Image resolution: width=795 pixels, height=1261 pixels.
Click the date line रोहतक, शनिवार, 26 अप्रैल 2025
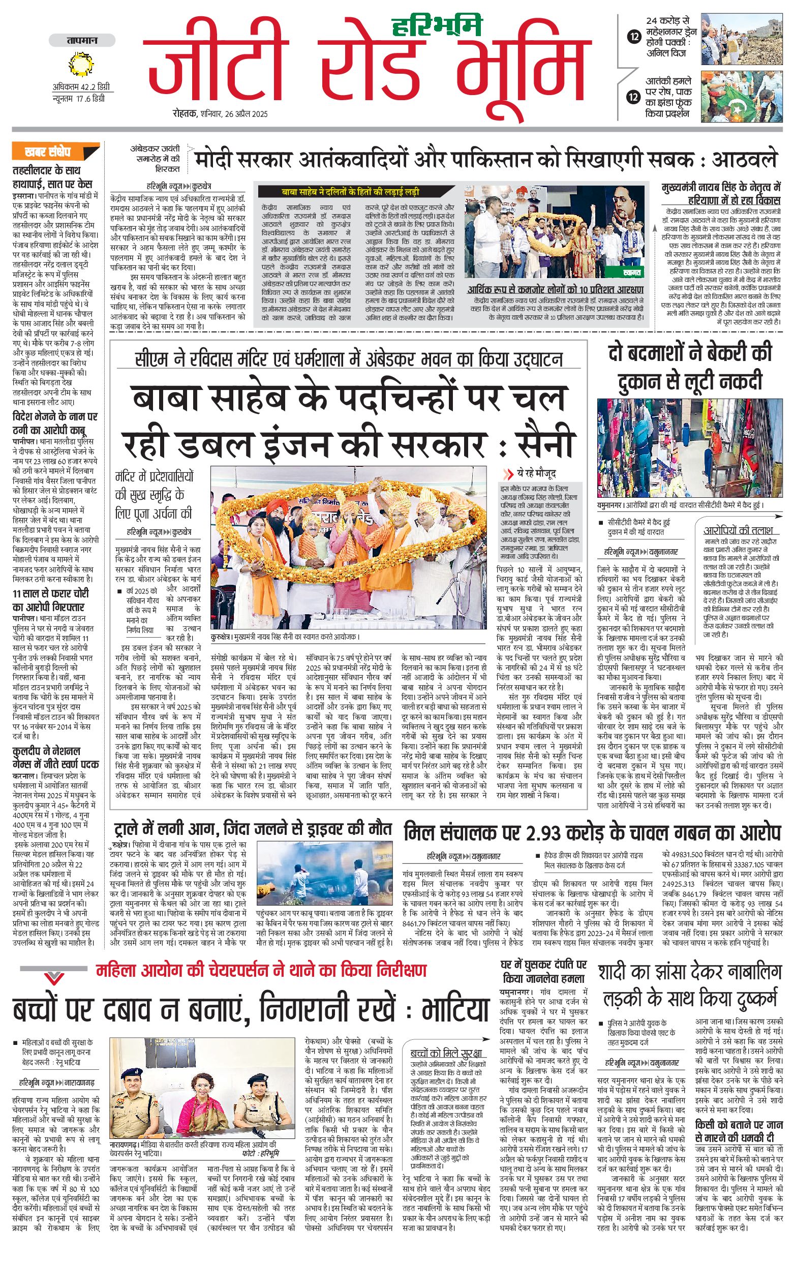(x=220, y=113)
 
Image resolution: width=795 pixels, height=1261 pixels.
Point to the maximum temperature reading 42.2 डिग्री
(x=81, y=87)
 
